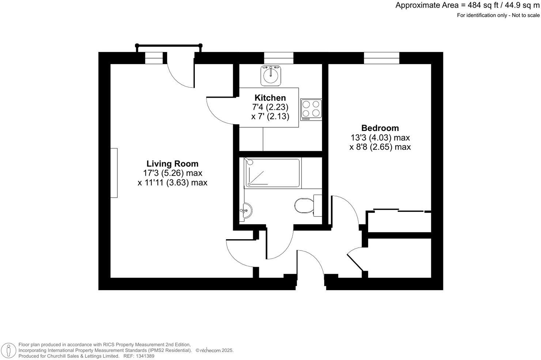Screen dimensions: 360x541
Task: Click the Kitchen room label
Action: tap(270, 98)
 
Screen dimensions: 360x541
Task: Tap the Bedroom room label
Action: tap(380, 128)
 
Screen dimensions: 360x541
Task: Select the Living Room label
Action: tap(172, 164)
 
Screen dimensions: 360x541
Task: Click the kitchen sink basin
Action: tap(271, 75)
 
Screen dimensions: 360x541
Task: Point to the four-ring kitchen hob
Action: tap(311, 110)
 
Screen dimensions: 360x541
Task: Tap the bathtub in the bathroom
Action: tap(272, 173)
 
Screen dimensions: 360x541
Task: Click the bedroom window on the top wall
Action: tap(381, 58)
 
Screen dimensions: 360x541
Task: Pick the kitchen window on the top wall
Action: tap(279, 58)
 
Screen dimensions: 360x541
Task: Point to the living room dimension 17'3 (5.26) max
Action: tap(173, 173)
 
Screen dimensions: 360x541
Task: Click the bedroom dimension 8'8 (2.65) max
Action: tap(380, 147)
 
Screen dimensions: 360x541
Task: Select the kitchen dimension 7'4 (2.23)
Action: tap(270, 107)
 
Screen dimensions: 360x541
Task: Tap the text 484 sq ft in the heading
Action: tap(480, 5)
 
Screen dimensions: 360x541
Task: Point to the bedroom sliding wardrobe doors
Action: tap(398, 211)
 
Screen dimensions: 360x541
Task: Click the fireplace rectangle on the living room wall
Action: tap(114, 173)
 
